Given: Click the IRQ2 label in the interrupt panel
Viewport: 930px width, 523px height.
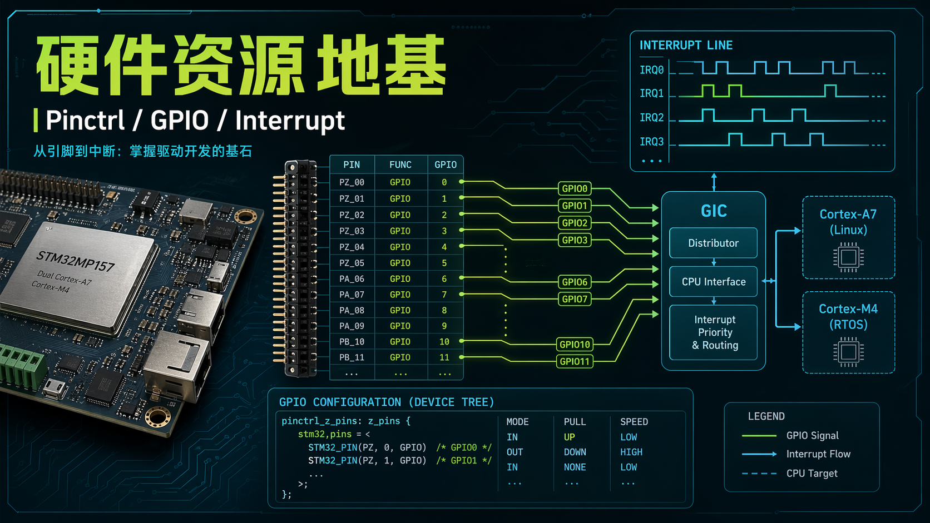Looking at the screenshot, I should pyautogui.click(x=651, y=117).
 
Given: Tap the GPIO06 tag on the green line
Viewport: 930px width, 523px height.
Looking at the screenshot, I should pyautogui.click(x=575, y=282).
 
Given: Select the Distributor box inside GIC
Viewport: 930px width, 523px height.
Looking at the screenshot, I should pyautogui.click(x=713, y=243).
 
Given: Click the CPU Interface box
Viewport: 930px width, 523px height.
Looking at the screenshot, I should pyautogui.click(x=713, y=282).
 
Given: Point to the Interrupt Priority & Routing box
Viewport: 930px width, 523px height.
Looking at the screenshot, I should pyautogui.click(x=714, y=332).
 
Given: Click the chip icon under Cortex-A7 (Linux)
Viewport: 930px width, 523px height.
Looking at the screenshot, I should pyautogui.click(x=848, y=257).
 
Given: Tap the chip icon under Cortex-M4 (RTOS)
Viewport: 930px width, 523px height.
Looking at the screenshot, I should pyautogui.click(x=848, y=352).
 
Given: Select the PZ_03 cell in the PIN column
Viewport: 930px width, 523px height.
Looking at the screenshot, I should pyautogui.click(x=352, y=231).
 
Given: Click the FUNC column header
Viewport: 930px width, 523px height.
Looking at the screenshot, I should pyautogui.click(x=400, y=165).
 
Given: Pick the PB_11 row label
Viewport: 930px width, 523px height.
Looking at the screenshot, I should pyautogui.click(x=352, y=357).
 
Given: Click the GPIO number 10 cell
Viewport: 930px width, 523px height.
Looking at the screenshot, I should pyautogui.click(x=444, y=341).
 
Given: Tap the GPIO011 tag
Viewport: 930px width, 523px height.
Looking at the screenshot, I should pyautogui.click(x=575, y=362).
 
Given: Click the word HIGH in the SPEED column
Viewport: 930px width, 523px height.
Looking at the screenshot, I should pyautogui.click(x=631, y=452).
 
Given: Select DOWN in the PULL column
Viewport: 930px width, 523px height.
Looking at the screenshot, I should pyautogui.click(x=575, y=452).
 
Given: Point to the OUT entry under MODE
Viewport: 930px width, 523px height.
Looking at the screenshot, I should pyautogui.click(x=515, y=452).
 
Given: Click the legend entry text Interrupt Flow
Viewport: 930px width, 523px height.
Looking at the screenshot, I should pyautogui.click(x=818, y=454).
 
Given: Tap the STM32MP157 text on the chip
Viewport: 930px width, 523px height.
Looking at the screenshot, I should pyautogui.click(x=75, y=261).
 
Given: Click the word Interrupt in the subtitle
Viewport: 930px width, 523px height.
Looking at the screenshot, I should pyautogui.click(x=290, y=121).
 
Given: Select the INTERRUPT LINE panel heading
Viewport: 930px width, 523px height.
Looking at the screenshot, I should pyautogui.click(x=686, y=45).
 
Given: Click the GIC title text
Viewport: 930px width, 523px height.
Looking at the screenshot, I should pyautogui.click(x=714, y=211).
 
